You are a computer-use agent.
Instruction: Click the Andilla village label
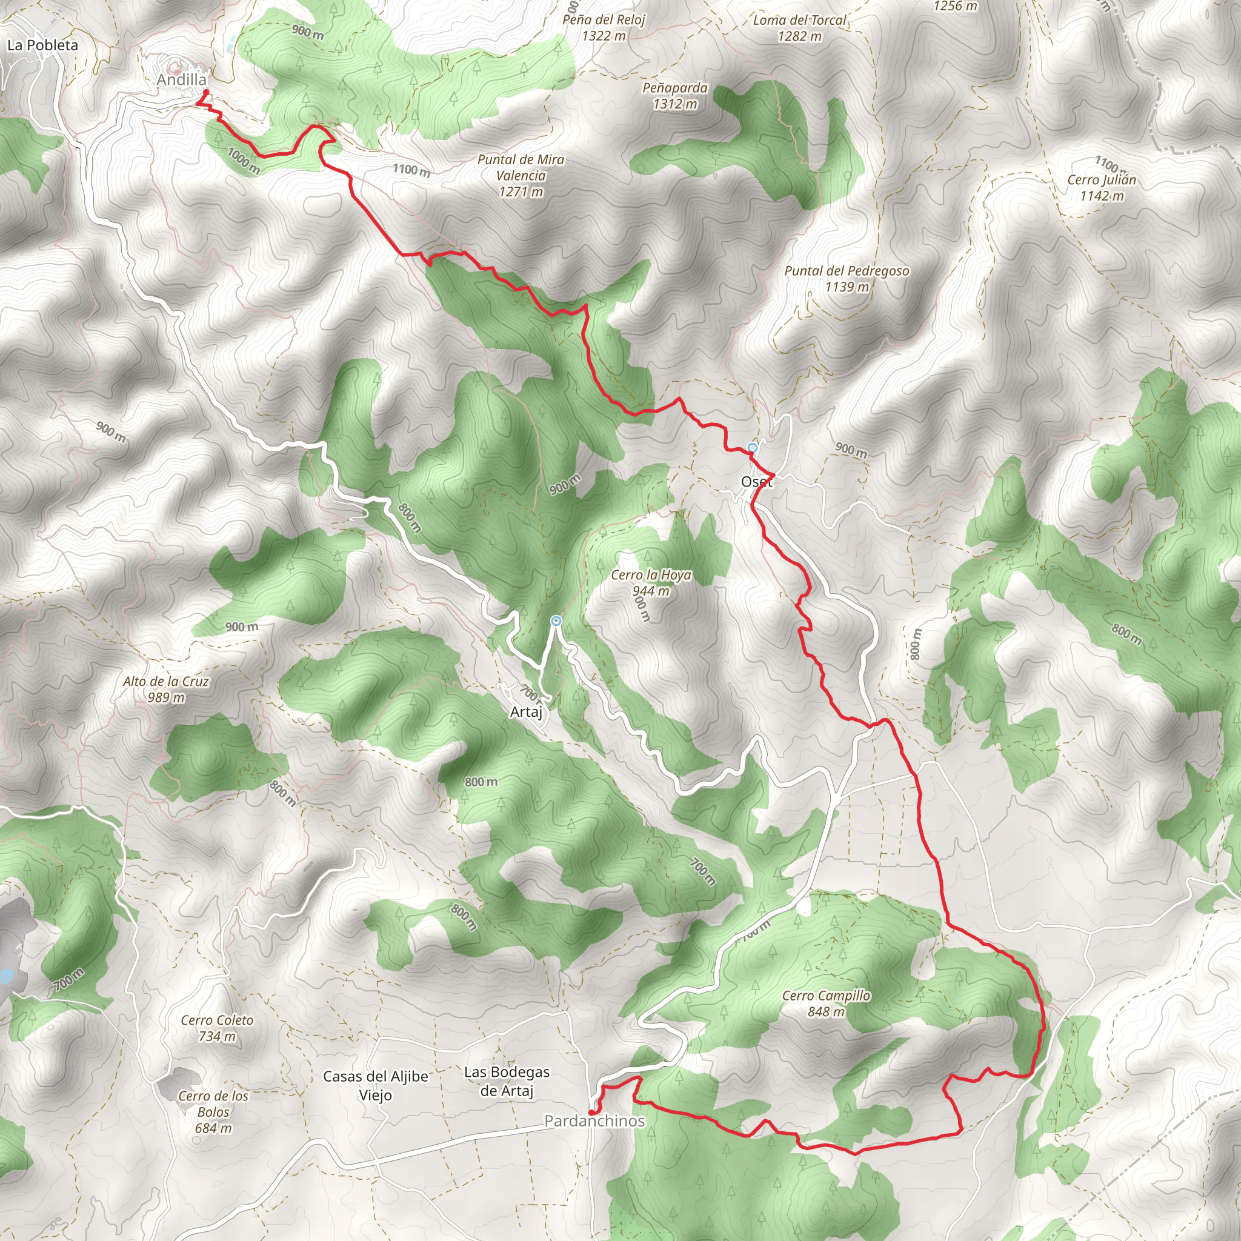(182, 79)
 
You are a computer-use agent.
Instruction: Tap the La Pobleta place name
(42, 45)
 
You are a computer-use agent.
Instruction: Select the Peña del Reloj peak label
(603, 28)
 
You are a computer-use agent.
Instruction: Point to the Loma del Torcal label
(799, 28)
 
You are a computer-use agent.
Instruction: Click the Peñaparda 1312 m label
(674, 96)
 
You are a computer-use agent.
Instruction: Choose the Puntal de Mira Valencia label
(521, 175)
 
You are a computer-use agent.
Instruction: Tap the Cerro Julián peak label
(1102, 187)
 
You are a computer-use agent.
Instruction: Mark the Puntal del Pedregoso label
(846, 278)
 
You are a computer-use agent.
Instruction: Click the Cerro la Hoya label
(651, 582)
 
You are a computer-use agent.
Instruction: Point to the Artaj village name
(526, 712)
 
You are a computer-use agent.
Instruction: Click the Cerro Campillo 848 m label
(826, 1003)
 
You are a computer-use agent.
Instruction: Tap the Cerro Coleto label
(216, 1028)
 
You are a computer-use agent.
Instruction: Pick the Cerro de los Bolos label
(213, 1111)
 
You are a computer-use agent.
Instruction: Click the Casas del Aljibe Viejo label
(375, 1085)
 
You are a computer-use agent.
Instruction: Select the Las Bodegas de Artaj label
(506, 1081)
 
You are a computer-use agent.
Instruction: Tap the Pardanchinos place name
(594, 1121)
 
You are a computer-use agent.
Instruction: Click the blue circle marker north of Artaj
(556, 620)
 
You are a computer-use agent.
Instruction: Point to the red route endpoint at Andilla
(205, 92)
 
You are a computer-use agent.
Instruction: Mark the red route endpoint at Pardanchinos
(591, 1112)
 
